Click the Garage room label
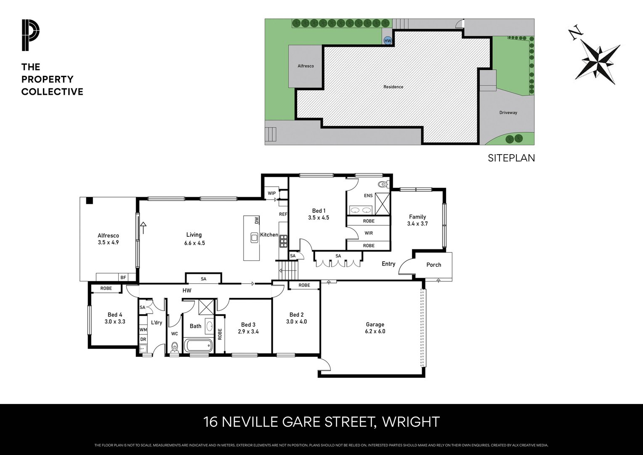375,324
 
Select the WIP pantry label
271,193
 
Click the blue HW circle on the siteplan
388,41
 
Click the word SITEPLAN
511,158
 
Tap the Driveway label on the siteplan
508,112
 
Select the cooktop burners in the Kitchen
283,241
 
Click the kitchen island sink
254,238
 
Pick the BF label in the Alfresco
123,277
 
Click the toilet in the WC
174,348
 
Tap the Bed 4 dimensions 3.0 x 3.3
115,321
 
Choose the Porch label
434,265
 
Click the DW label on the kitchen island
257,220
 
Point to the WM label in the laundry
143,330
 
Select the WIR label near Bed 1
369,233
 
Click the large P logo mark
30,35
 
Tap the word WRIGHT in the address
411,422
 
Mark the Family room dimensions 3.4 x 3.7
417,224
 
